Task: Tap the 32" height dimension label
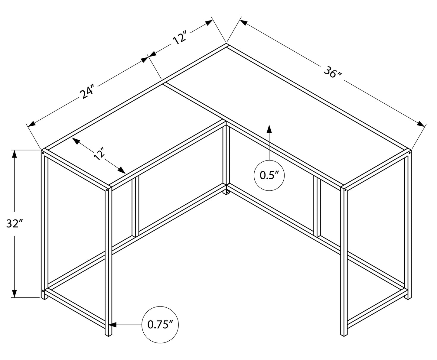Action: click(x=14, y=223)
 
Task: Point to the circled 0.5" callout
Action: click(x=269, y=175)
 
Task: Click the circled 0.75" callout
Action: click(x=160, y=325)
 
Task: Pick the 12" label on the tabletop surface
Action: click(x=99, y=154)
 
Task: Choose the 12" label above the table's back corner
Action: click(x=180, y=38)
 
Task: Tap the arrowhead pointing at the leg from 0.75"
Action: click(x=112, y=325)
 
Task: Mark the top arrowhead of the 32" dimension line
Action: click(x=14, y=154)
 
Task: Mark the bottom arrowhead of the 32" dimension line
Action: click(x=14, y=293)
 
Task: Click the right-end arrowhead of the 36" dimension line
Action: click(x=421, y=124)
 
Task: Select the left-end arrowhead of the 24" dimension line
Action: click(x=31, y=124)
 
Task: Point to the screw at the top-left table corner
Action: click(x=43, y=153)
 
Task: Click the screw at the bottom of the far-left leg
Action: click(x=43, y=291)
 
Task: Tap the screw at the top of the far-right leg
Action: click(x=409, y=153)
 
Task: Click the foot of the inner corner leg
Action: click(x=226, y=192)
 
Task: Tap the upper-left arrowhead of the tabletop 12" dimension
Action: click(x=76, y=141)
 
